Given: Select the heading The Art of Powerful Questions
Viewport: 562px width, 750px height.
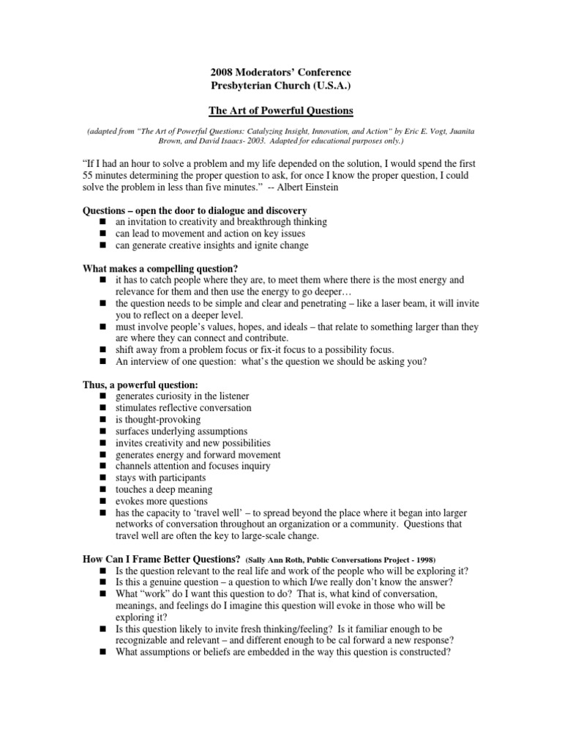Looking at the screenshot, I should [x=271, y=111].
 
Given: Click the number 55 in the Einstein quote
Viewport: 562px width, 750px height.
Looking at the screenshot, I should [x=89, y=177].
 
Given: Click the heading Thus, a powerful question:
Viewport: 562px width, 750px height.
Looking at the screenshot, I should [x=140, y=385].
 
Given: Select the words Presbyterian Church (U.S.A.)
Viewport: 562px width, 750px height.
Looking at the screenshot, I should [x=271, y=85].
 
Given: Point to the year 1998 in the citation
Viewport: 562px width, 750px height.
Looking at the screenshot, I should [x=423, y=560].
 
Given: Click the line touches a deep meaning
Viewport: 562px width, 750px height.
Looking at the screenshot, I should [x=164, y=489].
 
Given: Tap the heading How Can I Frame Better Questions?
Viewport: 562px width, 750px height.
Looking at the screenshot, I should [x=162, y=560].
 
